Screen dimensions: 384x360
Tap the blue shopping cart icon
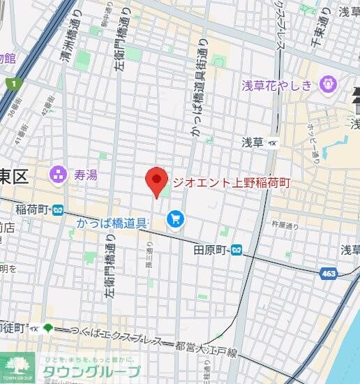coord(174,221)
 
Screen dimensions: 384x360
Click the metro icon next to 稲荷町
coord(58,209)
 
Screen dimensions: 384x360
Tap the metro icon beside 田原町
coord(238,249)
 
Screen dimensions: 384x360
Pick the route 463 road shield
coord(329,274)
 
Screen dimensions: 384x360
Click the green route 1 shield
coord(13,84)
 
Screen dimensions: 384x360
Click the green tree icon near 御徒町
coord(47,327)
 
